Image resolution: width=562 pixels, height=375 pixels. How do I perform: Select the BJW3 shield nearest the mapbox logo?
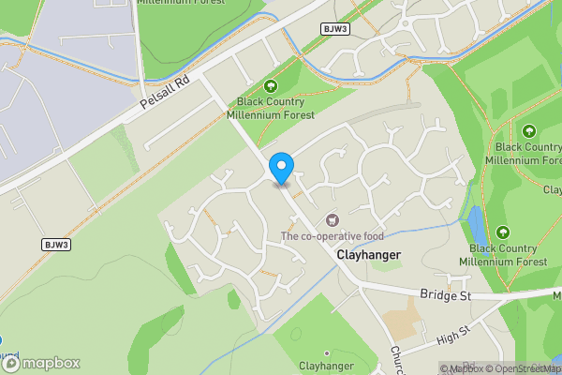click(x=56, y=245)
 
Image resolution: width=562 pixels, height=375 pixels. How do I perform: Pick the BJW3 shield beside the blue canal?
click(x=334, y=29)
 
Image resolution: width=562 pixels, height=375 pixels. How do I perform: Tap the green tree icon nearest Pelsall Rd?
click(x=274, y=86)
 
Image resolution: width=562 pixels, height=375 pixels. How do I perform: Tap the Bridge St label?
click(x=443, y=294)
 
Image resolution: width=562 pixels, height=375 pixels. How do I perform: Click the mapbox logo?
click(x=41, y=363)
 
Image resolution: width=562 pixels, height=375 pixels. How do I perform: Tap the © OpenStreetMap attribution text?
click(x=525, y=368)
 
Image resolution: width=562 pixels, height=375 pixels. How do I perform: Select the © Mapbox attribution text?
click(x=464, y=368)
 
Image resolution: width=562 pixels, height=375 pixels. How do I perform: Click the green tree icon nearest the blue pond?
click(x=504, y=232)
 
